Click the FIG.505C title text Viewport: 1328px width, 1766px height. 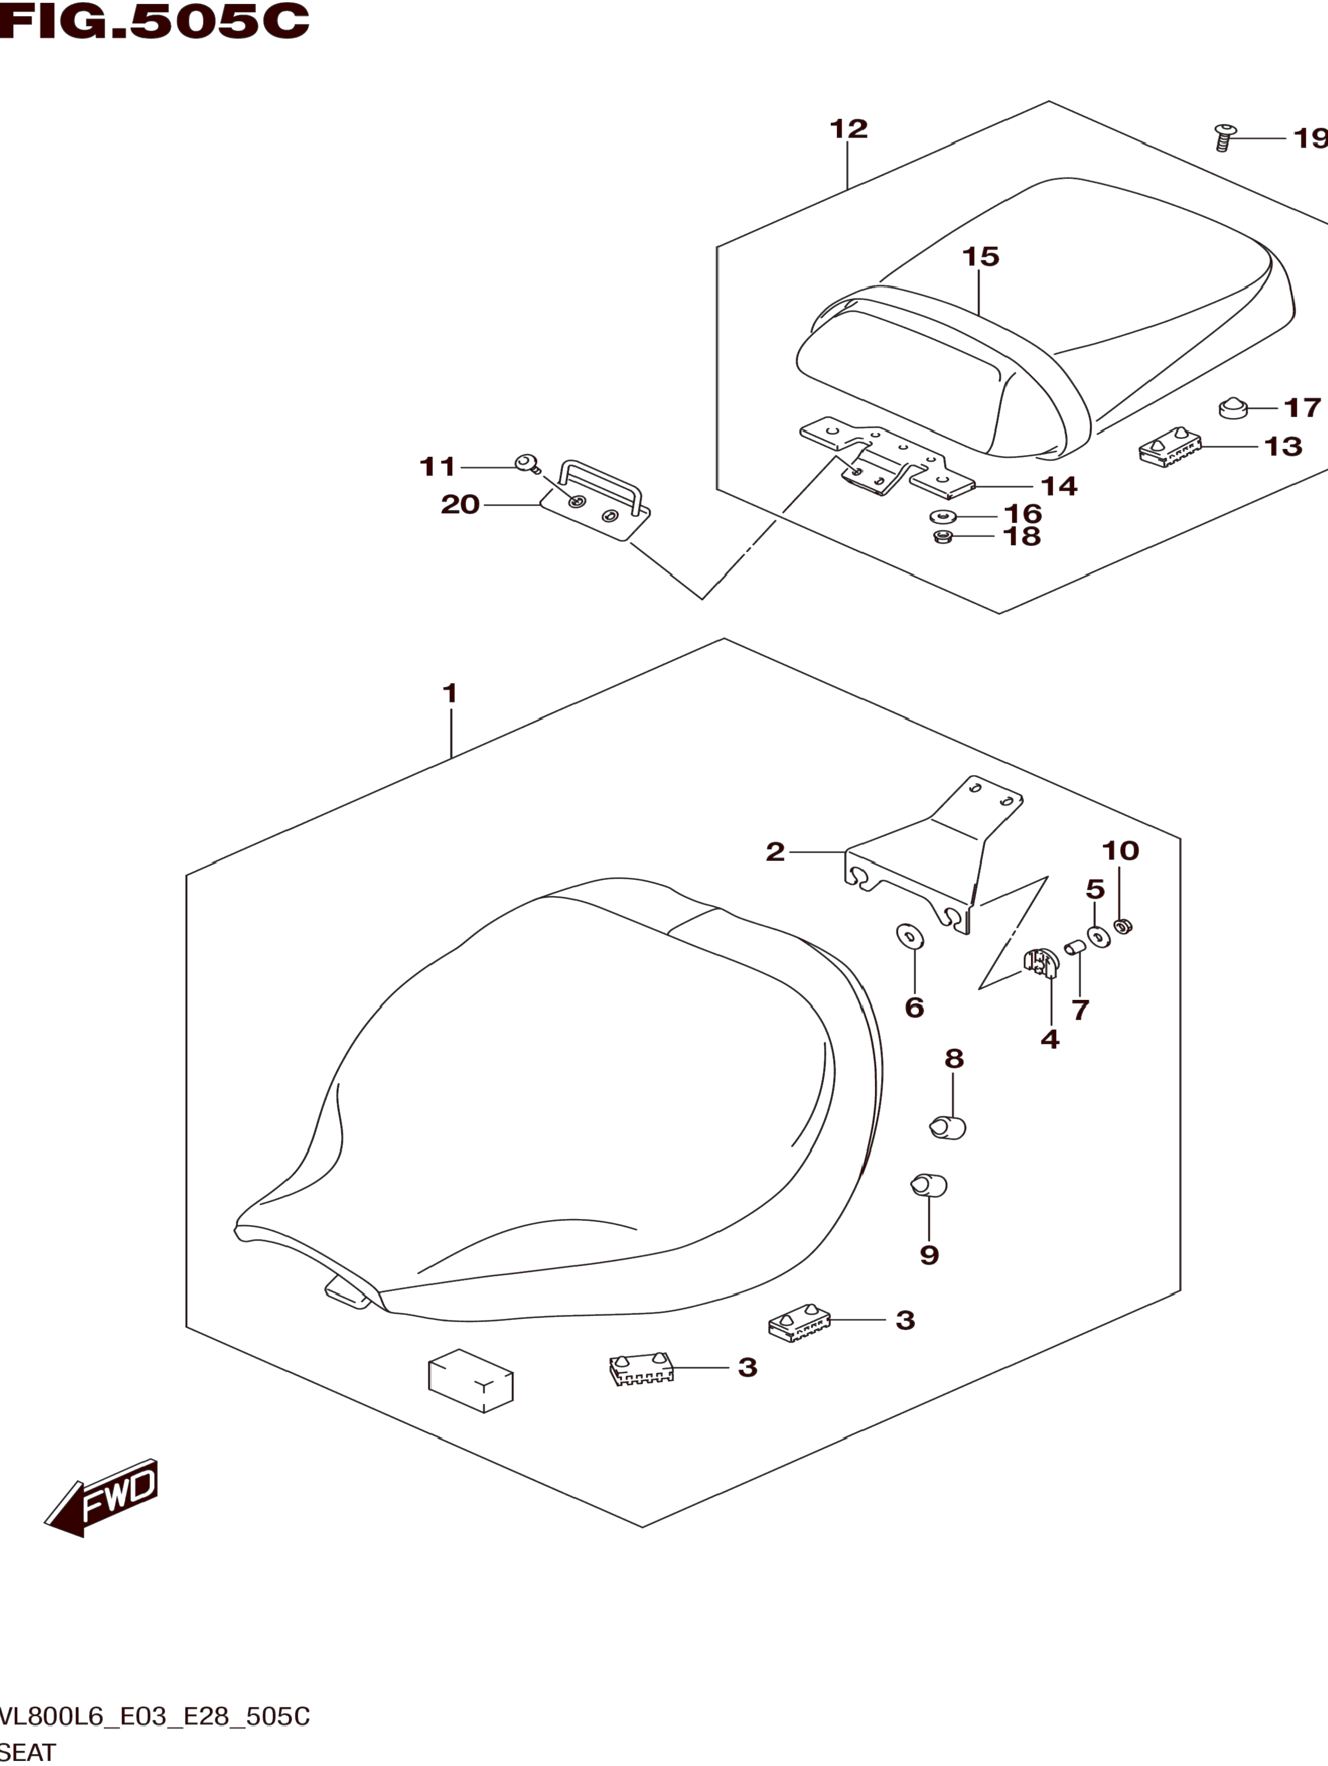pos(153,22)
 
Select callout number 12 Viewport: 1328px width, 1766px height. pos(849,129)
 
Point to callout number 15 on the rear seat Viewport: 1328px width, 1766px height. pos(981,257)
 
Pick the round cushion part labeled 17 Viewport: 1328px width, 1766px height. pos(1234,409)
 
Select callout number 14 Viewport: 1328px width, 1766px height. pos(1059,486)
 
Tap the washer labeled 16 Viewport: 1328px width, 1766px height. pos(943,516)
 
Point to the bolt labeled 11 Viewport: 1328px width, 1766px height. pos(526,463)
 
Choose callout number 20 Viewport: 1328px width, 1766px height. pos(461,505)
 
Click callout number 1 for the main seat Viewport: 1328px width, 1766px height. pos(450,693)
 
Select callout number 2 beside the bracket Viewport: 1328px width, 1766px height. pos(775,852)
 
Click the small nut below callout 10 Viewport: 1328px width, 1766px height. pos(1124,927)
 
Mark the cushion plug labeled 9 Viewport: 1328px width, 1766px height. pos(929,1186)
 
